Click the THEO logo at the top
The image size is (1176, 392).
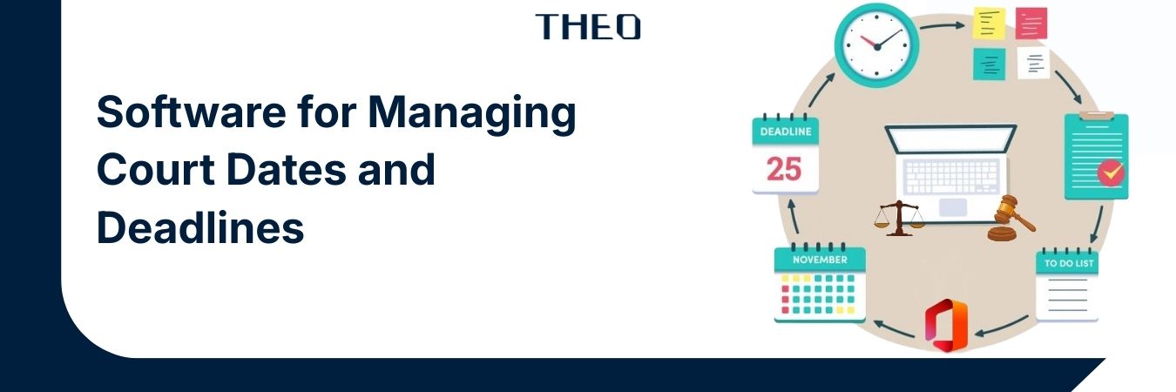(588, 26)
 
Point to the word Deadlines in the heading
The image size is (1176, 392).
(199, 226)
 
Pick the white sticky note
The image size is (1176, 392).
(1033, 64)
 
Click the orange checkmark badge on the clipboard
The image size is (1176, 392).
(1111, 172)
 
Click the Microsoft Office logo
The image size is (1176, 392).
(946, 326)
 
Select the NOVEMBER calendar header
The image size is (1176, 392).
(820, 260)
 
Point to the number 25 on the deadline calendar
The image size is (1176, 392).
(784, 168)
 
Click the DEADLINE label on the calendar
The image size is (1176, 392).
(786, 132)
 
